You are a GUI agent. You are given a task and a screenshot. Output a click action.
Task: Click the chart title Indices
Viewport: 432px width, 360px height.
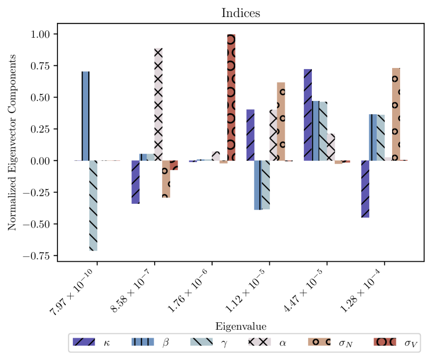241,13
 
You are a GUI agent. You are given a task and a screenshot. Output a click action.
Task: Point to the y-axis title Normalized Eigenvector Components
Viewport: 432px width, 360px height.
12,142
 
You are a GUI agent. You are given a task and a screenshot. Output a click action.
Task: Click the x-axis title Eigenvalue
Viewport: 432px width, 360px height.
241,327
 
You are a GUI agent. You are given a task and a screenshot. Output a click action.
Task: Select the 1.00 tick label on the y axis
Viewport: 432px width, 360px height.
40,34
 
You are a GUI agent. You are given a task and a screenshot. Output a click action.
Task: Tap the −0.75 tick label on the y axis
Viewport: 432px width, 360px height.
37,256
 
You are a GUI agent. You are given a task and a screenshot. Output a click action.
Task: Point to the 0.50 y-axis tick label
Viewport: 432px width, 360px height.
40,98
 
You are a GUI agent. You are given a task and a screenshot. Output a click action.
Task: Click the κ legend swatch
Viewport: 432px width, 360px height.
84,342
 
